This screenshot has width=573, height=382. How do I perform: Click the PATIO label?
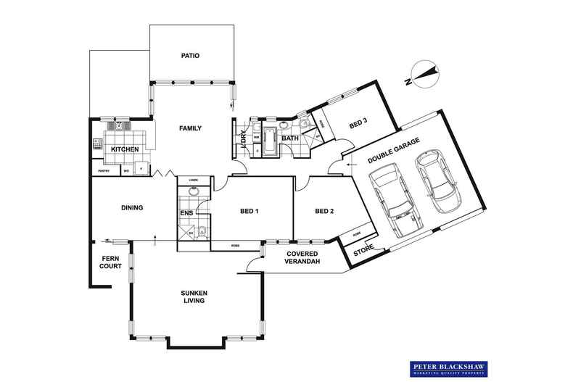click(191, 56)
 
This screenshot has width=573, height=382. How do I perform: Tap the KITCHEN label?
click(124, 149)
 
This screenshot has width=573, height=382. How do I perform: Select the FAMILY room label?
click(190, 128)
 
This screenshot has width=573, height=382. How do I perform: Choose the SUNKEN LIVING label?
click(194, 296)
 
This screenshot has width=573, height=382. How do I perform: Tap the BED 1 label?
click(250, 212)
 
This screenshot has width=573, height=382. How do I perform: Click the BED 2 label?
click(324, 212)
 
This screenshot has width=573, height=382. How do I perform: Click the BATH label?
click(290, 137)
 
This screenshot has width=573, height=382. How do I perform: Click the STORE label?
click(363, 249)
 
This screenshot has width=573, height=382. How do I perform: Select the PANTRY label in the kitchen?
click(104, 172)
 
